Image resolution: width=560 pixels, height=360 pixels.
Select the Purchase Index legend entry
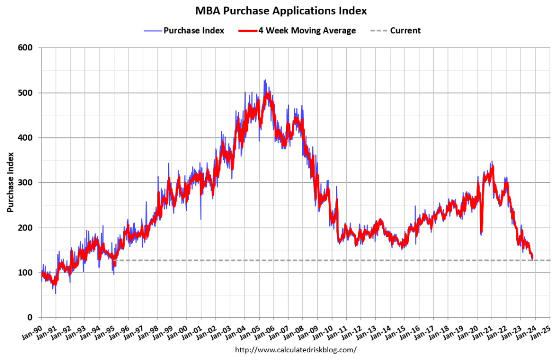tap(194, 31)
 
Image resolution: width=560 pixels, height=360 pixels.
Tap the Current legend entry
tap(405, 31)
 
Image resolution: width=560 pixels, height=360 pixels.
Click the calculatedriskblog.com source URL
tap(295, 349)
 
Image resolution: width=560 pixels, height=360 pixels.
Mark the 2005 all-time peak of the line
tap(265, 80)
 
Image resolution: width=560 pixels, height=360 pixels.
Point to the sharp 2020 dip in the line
tap(481, 234)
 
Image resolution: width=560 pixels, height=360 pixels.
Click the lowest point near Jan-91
tap(55, 293)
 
